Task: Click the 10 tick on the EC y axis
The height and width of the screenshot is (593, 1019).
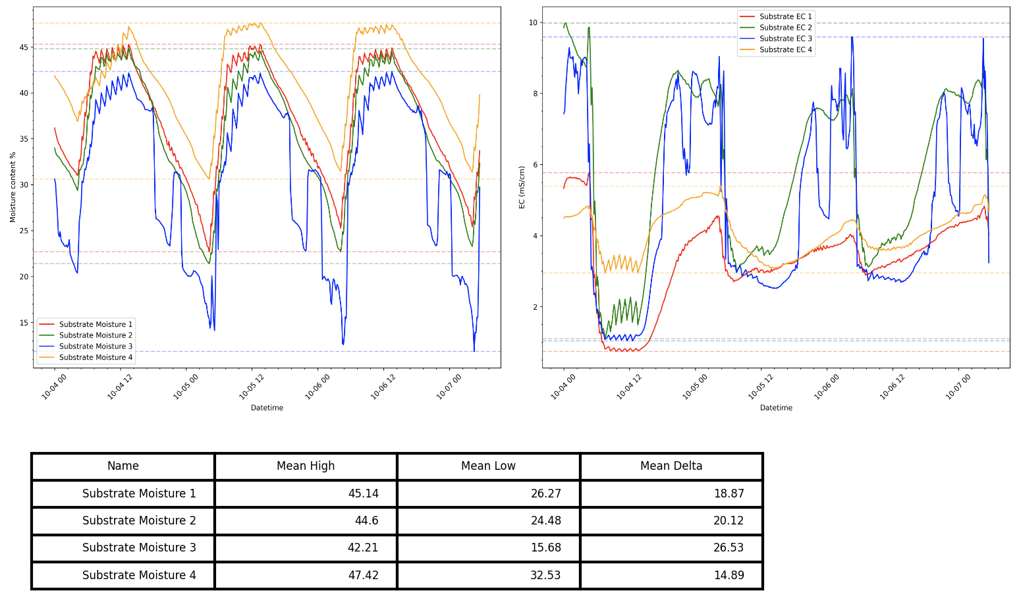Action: (533, 23)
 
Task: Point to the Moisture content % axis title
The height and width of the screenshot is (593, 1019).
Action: (13, 187)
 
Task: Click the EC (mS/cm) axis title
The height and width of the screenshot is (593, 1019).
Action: (522, 187)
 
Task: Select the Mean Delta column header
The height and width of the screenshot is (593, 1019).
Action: (671, 466)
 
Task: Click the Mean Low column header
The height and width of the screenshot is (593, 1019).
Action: (488, 466)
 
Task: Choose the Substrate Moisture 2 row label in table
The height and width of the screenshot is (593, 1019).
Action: (139, 521)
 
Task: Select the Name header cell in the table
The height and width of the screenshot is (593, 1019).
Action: (123, 466)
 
